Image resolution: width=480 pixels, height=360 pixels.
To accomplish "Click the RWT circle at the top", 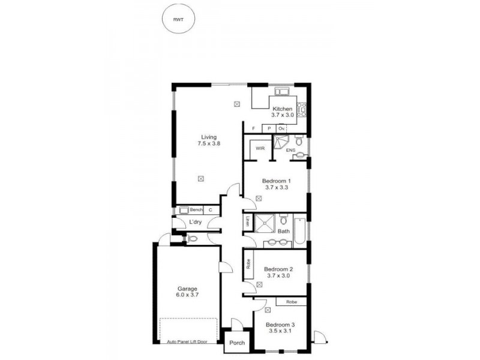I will tap(178, 20).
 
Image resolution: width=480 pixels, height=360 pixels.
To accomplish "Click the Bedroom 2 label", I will tap(278, 272).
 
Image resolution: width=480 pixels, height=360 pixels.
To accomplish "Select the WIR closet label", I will tap(260, 148).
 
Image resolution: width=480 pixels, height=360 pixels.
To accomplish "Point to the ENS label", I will tap(291, 150).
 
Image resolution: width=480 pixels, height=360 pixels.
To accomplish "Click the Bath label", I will tap(283, 231).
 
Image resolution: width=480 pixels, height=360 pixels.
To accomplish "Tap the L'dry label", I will tap(195, 223).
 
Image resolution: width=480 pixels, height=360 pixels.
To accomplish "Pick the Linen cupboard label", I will tap(247, 221).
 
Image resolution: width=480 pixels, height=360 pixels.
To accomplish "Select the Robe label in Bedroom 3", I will tap(292, 302).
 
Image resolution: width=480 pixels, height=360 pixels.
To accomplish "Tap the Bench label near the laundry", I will tap(196, 210).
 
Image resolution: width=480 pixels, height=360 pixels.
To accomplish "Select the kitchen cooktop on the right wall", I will tap(304, 110).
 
